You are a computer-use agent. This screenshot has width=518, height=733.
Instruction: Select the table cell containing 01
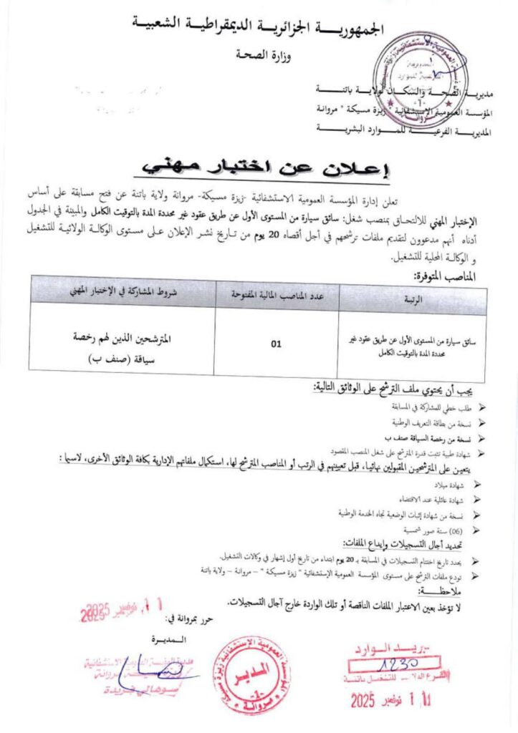pos(276,344)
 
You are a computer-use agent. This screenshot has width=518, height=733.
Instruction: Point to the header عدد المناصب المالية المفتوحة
pos(277,293)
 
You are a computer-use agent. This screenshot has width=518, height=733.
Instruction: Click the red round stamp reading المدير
pos(256,669)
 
